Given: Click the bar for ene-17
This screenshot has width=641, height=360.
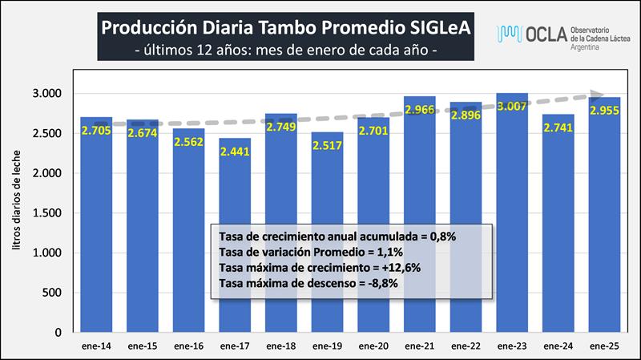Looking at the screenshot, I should tap(234, 241).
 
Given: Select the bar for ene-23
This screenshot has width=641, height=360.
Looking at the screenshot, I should tap(512, 216).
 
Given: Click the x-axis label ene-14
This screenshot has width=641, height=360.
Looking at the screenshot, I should tap(95, 346).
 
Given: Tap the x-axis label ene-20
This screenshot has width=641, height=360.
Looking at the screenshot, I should tap(373, 346).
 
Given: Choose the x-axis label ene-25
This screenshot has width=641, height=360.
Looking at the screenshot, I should tap(605, 346).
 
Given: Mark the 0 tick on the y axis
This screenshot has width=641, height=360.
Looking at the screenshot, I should tap(56, 332).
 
